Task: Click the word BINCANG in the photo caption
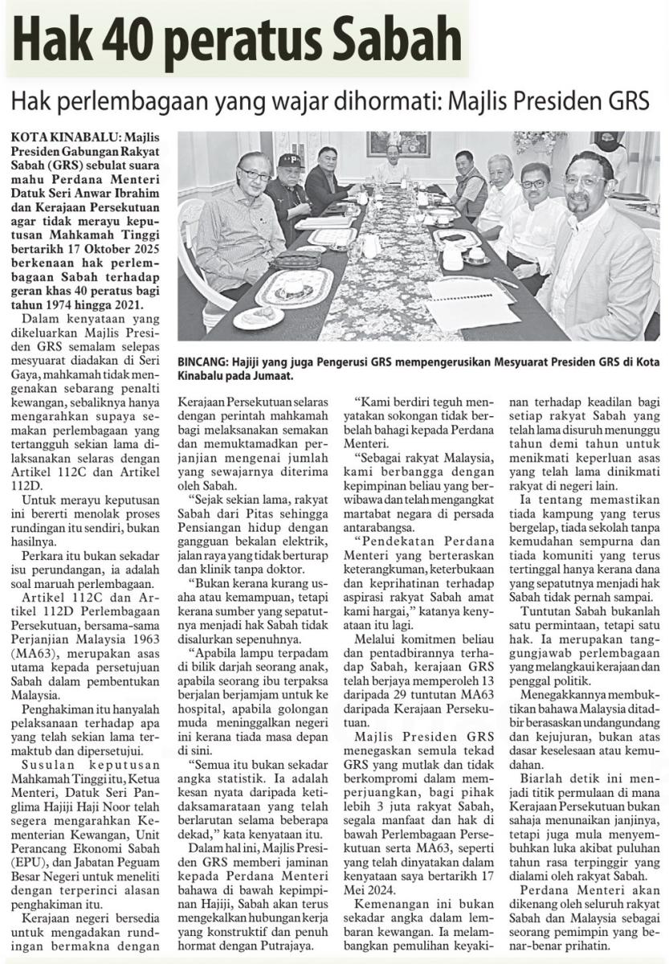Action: (x=206, y=362)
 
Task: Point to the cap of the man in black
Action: (x=289, y=161)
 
